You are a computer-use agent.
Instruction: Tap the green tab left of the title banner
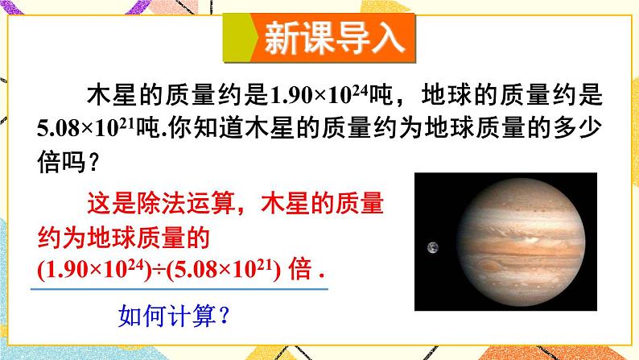pos(238,38)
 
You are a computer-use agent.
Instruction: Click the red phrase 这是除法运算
pos(161,208)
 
